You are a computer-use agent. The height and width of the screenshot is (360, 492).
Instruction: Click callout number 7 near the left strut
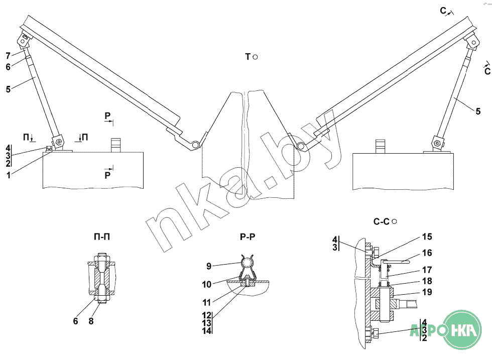[8, 55]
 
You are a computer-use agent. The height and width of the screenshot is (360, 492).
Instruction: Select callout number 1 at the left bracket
[8, 174]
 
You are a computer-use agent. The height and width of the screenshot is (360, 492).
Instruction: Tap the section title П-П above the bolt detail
[102, 236]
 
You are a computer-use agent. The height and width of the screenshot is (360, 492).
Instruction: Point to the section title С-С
[382, 221]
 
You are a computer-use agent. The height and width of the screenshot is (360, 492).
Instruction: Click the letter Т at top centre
[248, 57]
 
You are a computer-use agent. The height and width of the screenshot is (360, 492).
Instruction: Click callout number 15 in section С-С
[427, 236]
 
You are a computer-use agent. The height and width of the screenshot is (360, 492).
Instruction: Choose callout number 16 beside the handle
[427, 253]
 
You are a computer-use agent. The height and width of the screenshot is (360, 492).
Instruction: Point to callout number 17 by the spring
[427, 270]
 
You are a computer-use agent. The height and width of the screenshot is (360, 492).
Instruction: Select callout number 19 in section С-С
[427, 292]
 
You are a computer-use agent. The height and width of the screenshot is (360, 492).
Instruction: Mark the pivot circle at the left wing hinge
[195, 145]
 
